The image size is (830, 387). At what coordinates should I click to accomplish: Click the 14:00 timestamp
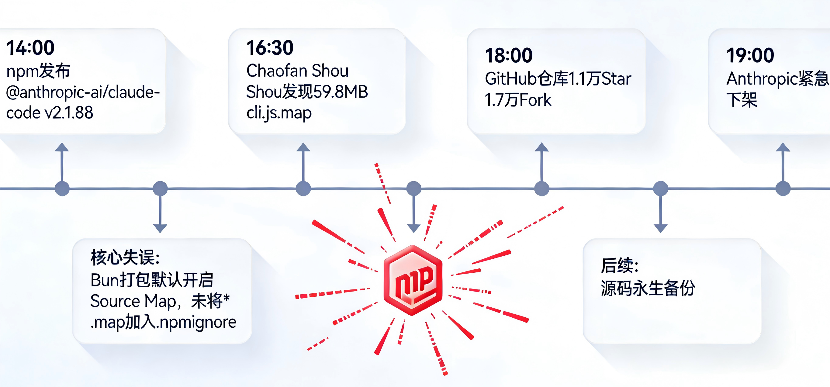(30, 48)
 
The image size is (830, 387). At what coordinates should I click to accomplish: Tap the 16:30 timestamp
(270, 48)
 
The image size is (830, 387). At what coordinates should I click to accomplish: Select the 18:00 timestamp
(509, 55)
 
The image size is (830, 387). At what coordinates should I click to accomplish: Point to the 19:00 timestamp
(750, 55)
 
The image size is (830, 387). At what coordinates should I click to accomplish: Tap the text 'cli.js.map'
(279, 113)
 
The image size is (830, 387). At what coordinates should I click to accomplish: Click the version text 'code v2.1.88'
(50, 113)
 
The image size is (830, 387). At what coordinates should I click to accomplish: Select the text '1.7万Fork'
(518, 100)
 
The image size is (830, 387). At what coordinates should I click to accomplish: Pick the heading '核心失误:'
(125, 257)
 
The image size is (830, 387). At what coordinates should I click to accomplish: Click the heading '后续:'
(619, 265)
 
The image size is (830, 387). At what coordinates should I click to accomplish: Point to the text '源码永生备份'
(648, 288)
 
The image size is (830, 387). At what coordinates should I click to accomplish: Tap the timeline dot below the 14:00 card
(62, 188)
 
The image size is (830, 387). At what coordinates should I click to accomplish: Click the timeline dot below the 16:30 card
(303, 188)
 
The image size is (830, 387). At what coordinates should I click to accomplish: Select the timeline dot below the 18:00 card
(541, 188)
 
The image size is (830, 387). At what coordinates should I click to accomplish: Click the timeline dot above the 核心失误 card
(160, 188)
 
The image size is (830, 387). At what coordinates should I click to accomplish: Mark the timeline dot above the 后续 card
(661, 188)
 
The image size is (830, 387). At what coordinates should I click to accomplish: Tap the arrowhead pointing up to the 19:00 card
(783, 147)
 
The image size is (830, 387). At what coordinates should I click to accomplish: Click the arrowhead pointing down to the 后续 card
(661, 228)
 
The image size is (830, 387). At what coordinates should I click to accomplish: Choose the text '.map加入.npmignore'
(163, 322)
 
